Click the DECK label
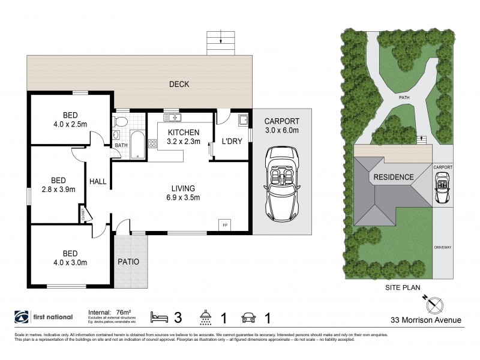click(x=179, y=85)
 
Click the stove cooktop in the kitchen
click(x=152, y=143)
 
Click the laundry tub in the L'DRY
click(x=243, y=121)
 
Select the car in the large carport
click(x=281, y=188)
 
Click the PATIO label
click(x=128, y=262)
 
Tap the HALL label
click(x=98, y=181)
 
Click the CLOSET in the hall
click(x=82, y=214)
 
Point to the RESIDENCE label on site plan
click(x=394, y=177)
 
